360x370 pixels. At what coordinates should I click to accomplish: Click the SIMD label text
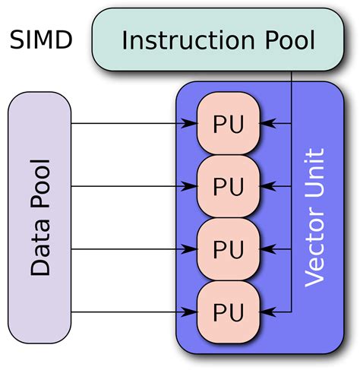[x=41, y=40]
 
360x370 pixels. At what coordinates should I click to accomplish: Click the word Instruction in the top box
[x=176, y=40]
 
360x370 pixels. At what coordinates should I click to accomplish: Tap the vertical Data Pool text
[x=39, y=217]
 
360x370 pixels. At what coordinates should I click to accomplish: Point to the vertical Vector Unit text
[x=314, y=217]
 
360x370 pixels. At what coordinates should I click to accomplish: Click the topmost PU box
[x=229, y=124]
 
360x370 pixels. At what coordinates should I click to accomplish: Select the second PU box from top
[x=229, y=186]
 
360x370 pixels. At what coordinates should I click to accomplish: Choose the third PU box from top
[x=229, y=248]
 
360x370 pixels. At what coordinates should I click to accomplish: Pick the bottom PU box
[x=229, y=311]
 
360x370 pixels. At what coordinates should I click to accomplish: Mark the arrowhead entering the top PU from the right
[x=265, y=124]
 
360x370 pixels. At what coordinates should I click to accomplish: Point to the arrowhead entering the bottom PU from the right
[x=265, y=311]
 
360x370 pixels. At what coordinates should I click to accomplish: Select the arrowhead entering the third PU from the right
[x=265, y=248]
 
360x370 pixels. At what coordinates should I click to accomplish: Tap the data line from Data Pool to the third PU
[x=129, y=248]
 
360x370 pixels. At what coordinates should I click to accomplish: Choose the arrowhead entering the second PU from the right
[x=265, y=186]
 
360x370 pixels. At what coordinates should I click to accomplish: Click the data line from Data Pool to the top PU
[x=129, y=124]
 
